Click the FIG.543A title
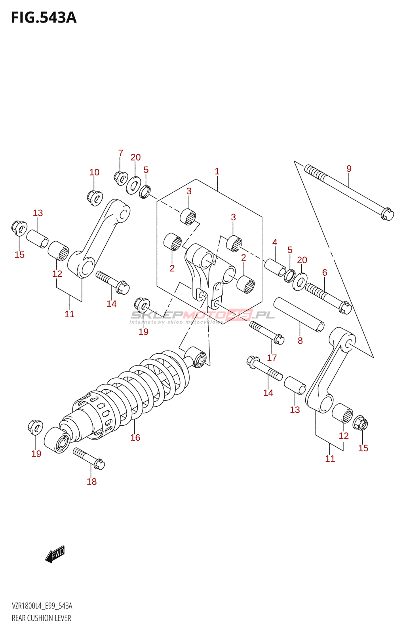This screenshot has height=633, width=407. (44, 18)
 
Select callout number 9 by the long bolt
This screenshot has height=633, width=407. (349, 169)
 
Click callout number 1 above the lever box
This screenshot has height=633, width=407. (217, 171)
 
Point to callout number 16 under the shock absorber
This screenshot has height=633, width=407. (135, 437)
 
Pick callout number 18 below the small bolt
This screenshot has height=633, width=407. (91, 481)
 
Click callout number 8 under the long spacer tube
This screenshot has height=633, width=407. (300, 341)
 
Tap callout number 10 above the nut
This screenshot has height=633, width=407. (94, 172)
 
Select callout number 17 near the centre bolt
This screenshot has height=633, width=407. (272, 358)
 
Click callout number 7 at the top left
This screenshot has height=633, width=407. (121, 153)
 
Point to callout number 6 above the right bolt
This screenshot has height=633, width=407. (325, 272)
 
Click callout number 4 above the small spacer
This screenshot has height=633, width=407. (275, 242)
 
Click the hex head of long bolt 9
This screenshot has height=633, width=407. (387, 214)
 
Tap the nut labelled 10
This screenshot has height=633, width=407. (95, 197)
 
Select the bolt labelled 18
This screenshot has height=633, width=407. (89, 458)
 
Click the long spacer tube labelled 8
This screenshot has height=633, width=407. (299, 315)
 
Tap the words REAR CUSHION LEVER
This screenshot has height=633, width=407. (42, 618)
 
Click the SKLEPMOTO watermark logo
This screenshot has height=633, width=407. (202, 315)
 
